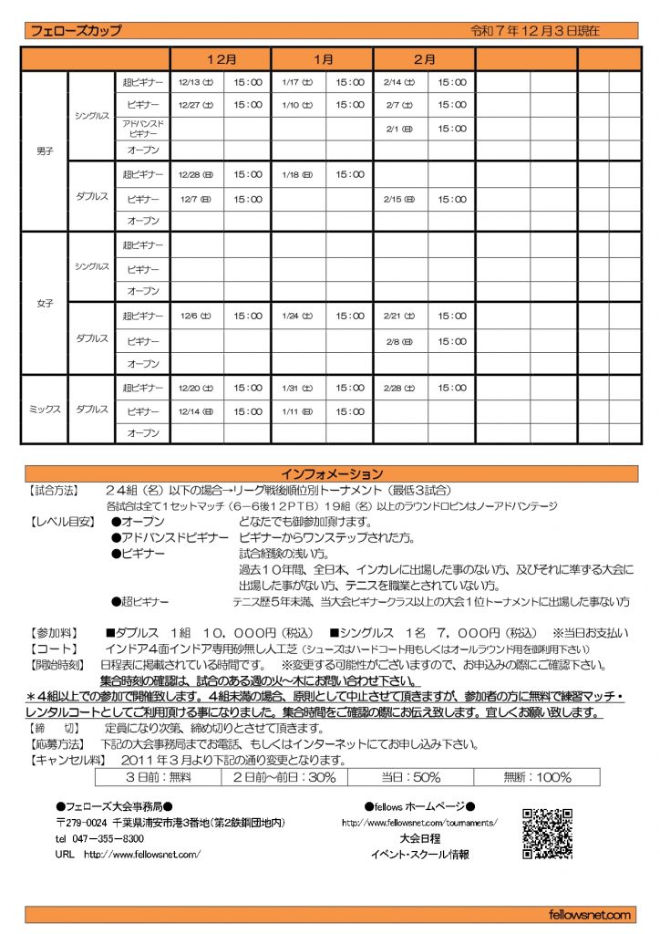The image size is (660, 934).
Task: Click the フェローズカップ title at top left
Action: [x=76, y=30]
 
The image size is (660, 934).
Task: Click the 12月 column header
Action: [x=222, y=59]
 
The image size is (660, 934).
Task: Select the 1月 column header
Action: [x=323, y=59]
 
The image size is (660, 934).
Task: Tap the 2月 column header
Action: [x=424, y=59]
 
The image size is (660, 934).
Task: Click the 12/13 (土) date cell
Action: [x=196, y=82]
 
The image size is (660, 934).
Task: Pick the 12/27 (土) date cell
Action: [x=196, y=105]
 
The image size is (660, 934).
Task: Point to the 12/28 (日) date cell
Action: [x=196, y=174]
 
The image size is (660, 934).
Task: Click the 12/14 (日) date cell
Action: [x=196, y=410]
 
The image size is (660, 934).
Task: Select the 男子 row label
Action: [x=44, y=150]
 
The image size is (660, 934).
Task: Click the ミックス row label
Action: [x=44, y=410]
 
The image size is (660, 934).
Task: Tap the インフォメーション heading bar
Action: [x=331, y=473]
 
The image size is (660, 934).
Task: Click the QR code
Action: [x=547, y=833]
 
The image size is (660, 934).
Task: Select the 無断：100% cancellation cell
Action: [x=541, y=777]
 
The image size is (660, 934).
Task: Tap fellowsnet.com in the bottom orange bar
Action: [x=591, y=914]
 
